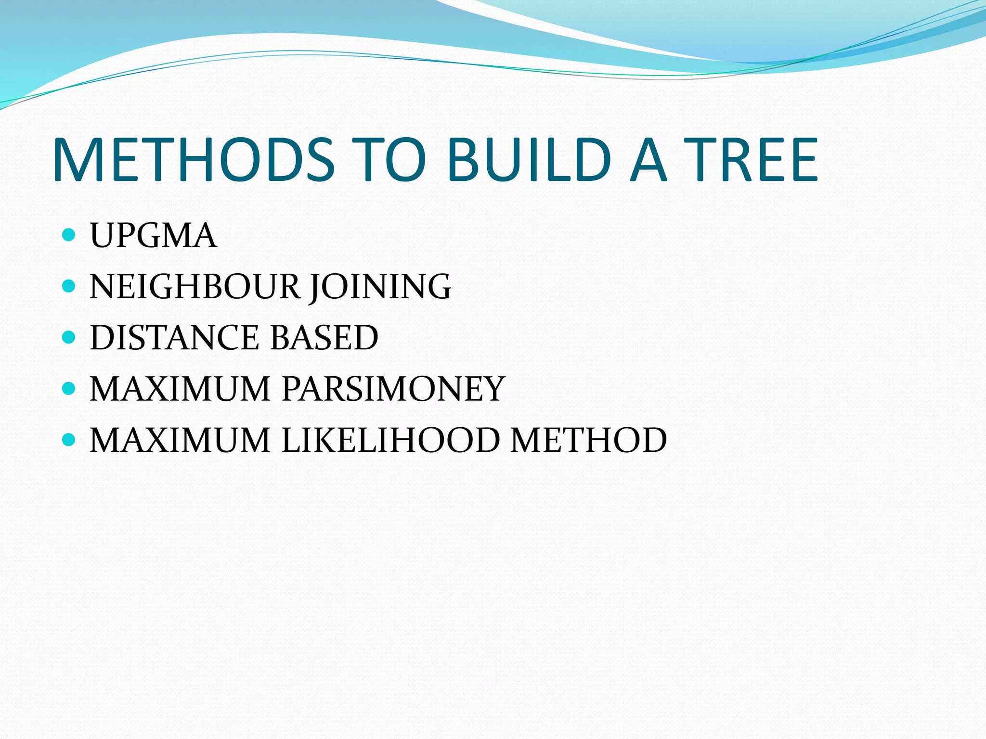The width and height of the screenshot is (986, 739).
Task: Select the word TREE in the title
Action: [x=751, y=160]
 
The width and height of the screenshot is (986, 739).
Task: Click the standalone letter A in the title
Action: [x=649, y=160]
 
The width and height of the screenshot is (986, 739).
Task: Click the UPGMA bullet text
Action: [x=153, y=236]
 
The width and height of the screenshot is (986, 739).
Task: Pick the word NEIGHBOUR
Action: [x=195, y=287]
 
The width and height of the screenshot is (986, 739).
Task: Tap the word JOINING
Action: [x=380, y=287]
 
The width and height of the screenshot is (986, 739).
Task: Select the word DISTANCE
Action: [x=174, y=337]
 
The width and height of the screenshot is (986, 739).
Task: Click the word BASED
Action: [x=324, y=337]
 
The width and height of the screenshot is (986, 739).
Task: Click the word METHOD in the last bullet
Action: [x=588, y=440]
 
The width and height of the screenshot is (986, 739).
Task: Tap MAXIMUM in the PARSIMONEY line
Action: [x=180, y=389]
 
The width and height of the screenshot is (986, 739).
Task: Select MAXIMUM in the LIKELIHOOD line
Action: [x=180, y=440]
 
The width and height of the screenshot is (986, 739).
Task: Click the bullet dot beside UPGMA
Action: [x=69, y=235]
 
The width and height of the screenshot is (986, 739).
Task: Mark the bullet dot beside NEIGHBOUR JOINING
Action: [x=69, y=286]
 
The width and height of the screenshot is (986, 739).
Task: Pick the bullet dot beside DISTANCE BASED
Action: [x=69, y=337]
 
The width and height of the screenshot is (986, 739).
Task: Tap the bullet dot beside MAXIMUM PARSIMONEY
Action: [x=69, y=388]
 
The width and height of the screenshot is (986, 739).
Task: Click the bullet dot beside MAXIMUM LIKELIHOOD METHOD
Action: [x=69, y=439]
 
